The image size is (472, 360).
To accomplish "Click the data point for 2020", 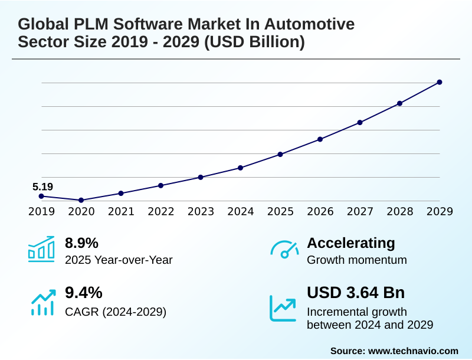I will tap(81, 200).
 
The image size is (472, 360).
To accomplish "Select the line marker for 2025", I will tap(280, 154).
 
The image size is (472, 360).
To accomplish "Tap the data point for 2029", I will tap(440, 82).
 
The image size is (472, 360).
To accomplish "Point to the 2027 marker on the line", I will tap(360, 122).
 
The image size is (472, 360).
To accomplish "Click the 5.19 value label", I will tap(42, 187).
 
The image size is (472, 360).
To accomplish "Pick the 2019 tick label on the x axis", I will tap(41, 211).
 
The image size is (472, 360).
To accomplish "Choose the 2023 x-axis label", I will tap(201, 211).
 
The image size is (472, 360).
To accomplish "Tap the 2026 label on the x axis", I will tap(320, 211).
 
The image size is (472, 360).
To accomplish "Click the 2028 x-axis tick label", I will tap(399, 211).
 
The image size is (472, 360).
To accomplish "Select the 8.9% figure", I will tap(81, 243).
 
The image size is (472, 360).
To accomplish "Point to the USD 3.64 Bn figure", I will tap(356, 293).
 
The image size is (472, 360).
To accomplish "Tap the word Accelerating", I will tap(351, 243).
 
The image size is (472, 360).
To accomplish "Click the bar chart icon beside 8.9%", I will tap(41, 249).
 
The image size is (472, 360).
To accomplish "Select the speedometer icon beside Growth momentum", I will tap(284, 249).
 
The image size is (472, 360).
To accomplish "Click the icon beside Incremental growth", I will tap(283, 307).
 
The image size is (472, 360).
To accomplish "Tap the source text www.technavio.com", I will tap(413, 351).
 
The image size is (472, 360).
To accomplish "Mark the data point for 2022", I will tap(160, 185).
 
